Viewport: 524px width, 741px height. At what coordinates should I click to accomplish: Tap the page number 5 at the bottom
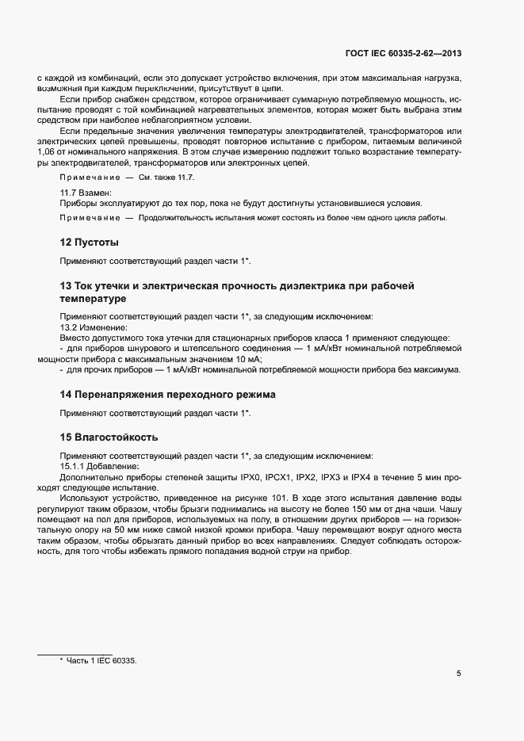point(459,674)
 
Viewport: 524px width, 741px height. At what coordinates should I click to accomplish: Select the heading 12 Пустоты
point(90,242)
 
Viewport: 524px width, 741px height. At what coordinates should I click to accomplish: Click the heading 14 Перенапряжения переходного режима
point(168,394)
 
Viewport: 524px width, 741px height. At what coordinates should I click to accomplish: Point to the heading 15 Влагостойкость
point(109,436)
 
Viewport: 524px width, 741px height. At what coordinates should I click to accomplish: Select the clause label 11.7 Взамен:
point(87,193)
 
